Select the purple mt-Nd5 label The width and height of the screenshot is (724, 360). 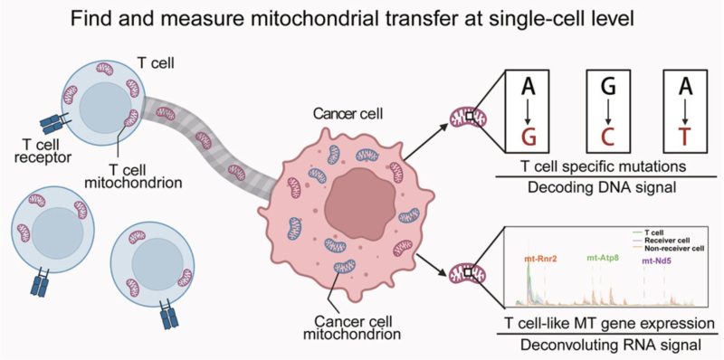click(658, 261)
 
